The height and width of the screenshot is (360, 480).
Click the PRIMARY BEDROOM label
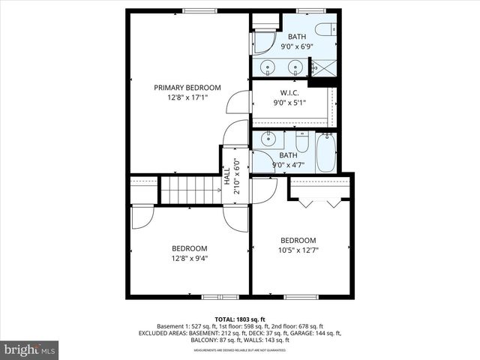[187, 87]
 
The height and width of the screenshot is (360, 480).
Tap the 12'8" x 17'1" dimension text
[187, 97]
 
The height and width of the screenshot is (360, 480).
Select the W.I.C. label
[289, 93]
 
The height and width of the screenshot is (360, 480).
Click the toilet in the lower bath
[301, 141]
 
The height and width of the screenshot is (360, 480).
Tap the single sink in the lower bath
[268, 139]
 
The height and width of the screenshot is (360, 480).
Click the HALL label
[227, 177]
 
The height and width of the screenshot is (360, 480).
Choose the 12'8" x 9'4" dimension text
[189, 258]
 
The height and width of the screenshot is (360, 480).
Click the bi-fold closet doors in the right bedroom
[320, 202]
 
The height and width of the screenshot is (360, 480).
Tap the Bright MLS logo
[30, 349]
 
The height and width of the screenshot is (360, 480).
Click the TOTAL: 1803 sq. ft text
[239, 319]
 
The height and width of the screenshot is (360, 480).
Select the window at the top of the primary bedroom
[195, 10]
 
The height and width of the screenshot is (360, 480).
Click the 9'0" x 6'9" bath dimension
[297, 46]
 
